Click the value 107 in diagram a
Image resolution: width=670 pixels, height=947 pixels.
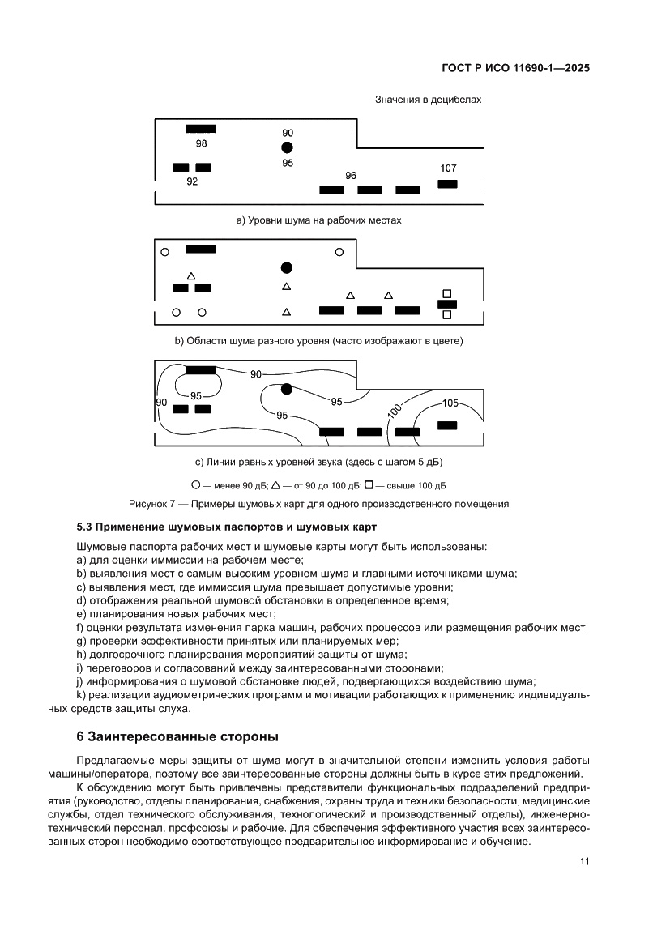coord(448,168)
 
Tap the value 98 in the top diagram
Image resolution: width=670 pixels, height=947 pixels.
coord(201,143)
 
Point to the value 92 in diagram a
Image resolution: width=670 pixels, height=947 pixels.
coord(192,181)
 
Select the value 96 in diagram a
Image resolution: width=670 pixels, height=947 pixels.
coord(351,175)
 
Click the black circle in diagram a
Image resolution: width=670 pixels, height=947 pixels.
coord(287,147)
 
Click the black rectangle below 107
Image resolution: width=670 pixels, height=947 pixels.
coord(447,184)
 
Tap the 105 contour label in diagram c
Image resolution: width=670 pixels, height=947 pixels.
coord(450,403)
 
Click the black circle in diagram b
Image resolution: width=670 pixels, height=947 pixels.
coord(286,267)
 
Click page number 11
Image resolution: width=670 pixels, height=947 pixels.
coord(584,862)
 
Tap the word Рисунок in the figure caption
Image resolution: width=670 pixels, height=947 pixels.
coord(147,503)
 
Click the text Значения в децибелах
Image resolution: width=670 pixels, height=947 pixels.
coord(428,100)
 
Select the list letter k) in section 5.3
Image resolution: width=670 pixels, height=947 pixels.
coord(81,695)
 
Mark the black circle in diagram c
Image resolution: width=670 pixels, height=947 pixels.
coord(286,389)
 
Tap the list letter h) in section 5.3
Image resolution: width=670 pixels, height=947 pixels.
coord(81,654)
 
